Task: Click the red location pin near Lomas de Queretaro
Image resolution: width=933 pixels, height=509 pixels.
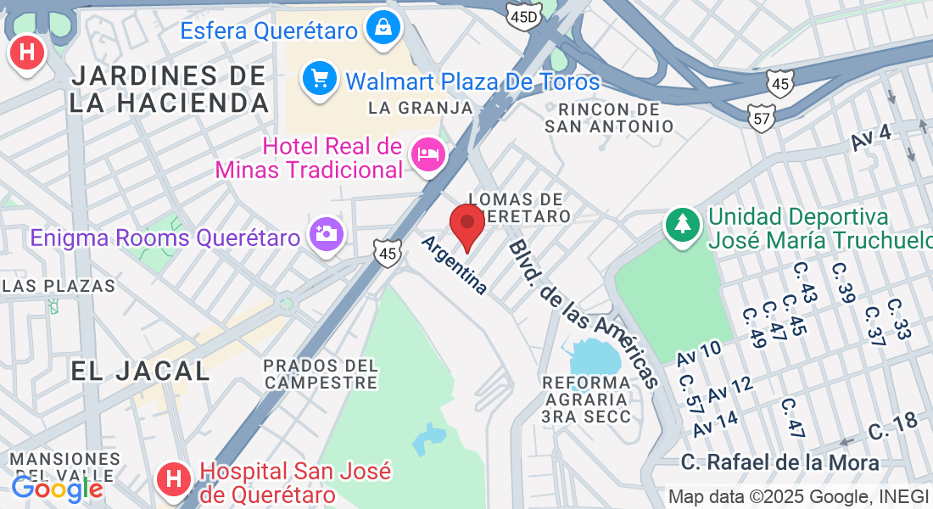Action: click(x=466, y=225)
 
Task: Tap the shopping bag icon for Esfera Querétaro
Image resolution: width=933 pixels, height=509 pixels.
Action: click(x=383, y=30)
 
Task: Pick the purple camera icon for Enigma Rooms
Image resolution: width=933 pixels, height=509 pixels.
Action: click(x=326, y=232)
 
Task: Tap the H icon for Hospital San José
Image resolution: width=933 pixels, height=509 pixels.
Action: click(x=174, y=479)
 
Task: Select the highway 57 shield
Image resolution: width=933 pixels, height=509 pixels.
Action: click(x=763, y=118)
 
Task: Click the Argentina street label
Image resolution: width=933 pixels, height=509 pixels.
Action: click(x=455, y=265)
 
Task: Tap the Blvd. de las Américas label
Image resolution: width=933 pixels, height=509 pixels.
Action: click(x=584, y=312)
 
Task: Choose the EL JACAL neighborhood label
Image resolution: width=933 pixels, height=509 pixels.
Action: click(x=140, y=371)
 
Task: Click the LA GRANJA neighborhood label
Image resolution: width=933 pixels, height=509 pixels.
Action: click(x=421, y=108)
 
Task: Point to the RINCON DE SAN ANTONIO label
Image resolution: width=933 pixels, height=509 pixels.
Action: click(x=609, y=118)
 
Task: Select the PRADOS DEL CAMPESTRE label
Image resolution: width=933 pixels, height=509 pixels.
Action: click(x=321, y=373)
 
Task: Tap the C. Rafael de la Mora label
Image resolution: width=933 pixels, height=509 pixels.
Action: click(x=780, y=463)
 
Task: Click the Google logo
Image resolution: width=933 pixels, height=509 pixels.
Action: click(x=57, y=488)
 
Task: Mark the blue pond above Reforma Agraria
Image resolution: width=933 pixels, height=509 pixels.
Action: click(x=597, y=355)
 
